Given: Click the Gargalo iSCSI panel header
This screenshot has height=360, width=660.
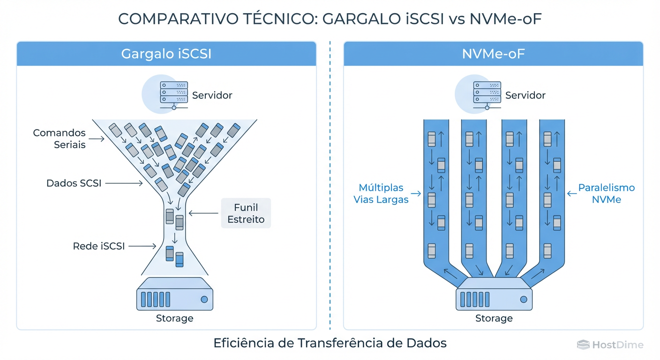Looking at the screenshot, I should (x=166, y=54).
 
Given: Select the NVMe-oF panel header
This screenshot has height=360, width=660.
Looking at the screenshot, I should (x=493, y=54).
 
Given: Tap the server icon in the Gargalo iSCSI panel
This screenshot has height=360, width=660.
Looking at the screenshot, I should (x=174, y=93).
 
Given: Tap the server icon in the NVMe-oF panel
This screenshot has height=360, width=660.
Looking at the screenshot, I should (x=487, y=93).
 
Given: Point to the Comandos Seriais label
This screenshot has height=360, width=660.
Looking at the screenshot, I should (x=59, y=139).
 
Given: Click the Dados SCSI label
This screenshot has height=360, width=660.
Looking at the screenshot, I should (x=74, y=183).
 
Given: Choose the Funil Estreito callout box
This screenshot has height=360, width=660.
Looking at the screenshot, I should (x=246, y=213).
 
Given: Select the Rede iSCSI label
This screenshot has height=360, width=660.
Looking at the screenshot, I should (x=98, y=246).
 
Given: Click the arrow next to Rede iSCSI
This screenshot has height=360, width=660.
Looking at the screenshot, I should (x=142, y=246).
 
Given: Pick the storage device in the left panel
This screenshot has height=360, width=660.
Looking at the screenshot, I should (x=174, y=294).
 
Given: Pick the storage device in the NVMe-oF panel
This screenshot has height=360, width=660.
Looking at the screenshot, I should (x=494, y=294).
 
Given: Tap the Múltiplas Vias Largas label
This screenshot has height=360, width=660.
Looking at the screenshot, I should (x=381, y=193).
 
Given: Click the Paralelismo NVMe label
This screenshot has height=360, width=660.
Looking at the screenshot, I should (x=606, y=193).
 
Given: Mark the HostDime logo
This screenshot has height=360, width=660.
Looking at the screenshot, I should (x=610, y=345).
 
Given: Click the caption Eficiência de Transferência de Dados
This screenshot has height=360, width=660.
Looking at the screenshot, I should (x=330, y=343).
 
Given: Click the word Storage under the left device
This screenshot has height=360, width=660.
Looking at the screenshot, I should (x=174, y=318).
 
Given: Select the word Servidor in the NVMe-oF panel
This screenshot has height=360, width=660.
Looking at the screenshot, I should (x=525, y=95).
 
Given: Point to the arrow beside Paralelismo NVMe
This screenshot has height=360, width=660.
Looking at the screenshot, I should (x=571, y=193).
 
